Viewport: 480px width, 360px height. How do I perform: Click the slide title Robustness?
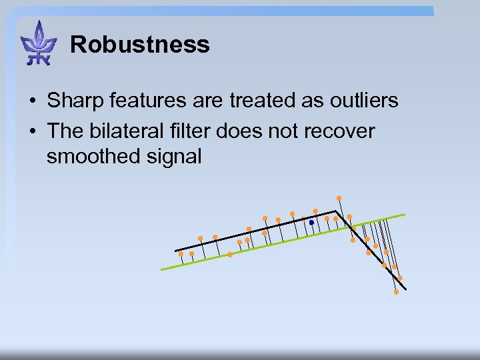click(x=139, y=45)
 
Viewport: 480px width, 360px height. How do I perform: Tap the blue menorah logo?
click(x=39, y=44)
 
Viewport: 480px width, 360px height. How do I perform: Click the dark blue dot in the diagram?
click(x=311, y=223)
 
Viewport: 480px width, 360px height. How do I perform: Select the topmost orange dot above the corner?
click(x=339, y=198)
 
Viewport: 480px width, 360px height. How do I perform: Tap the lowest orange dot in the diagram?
click(x=396, y=292)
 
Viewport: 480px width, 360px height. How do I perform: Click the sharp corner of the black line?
click(x=335, y=212)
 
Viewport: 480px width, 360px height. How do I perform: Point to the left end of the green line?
click(x=162, y=269)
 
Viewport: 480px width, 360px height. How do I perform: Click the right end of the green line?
click(x=404, y=215)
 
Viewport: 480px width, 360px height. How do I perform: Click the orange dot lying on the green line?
click(x=230, y=255)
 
